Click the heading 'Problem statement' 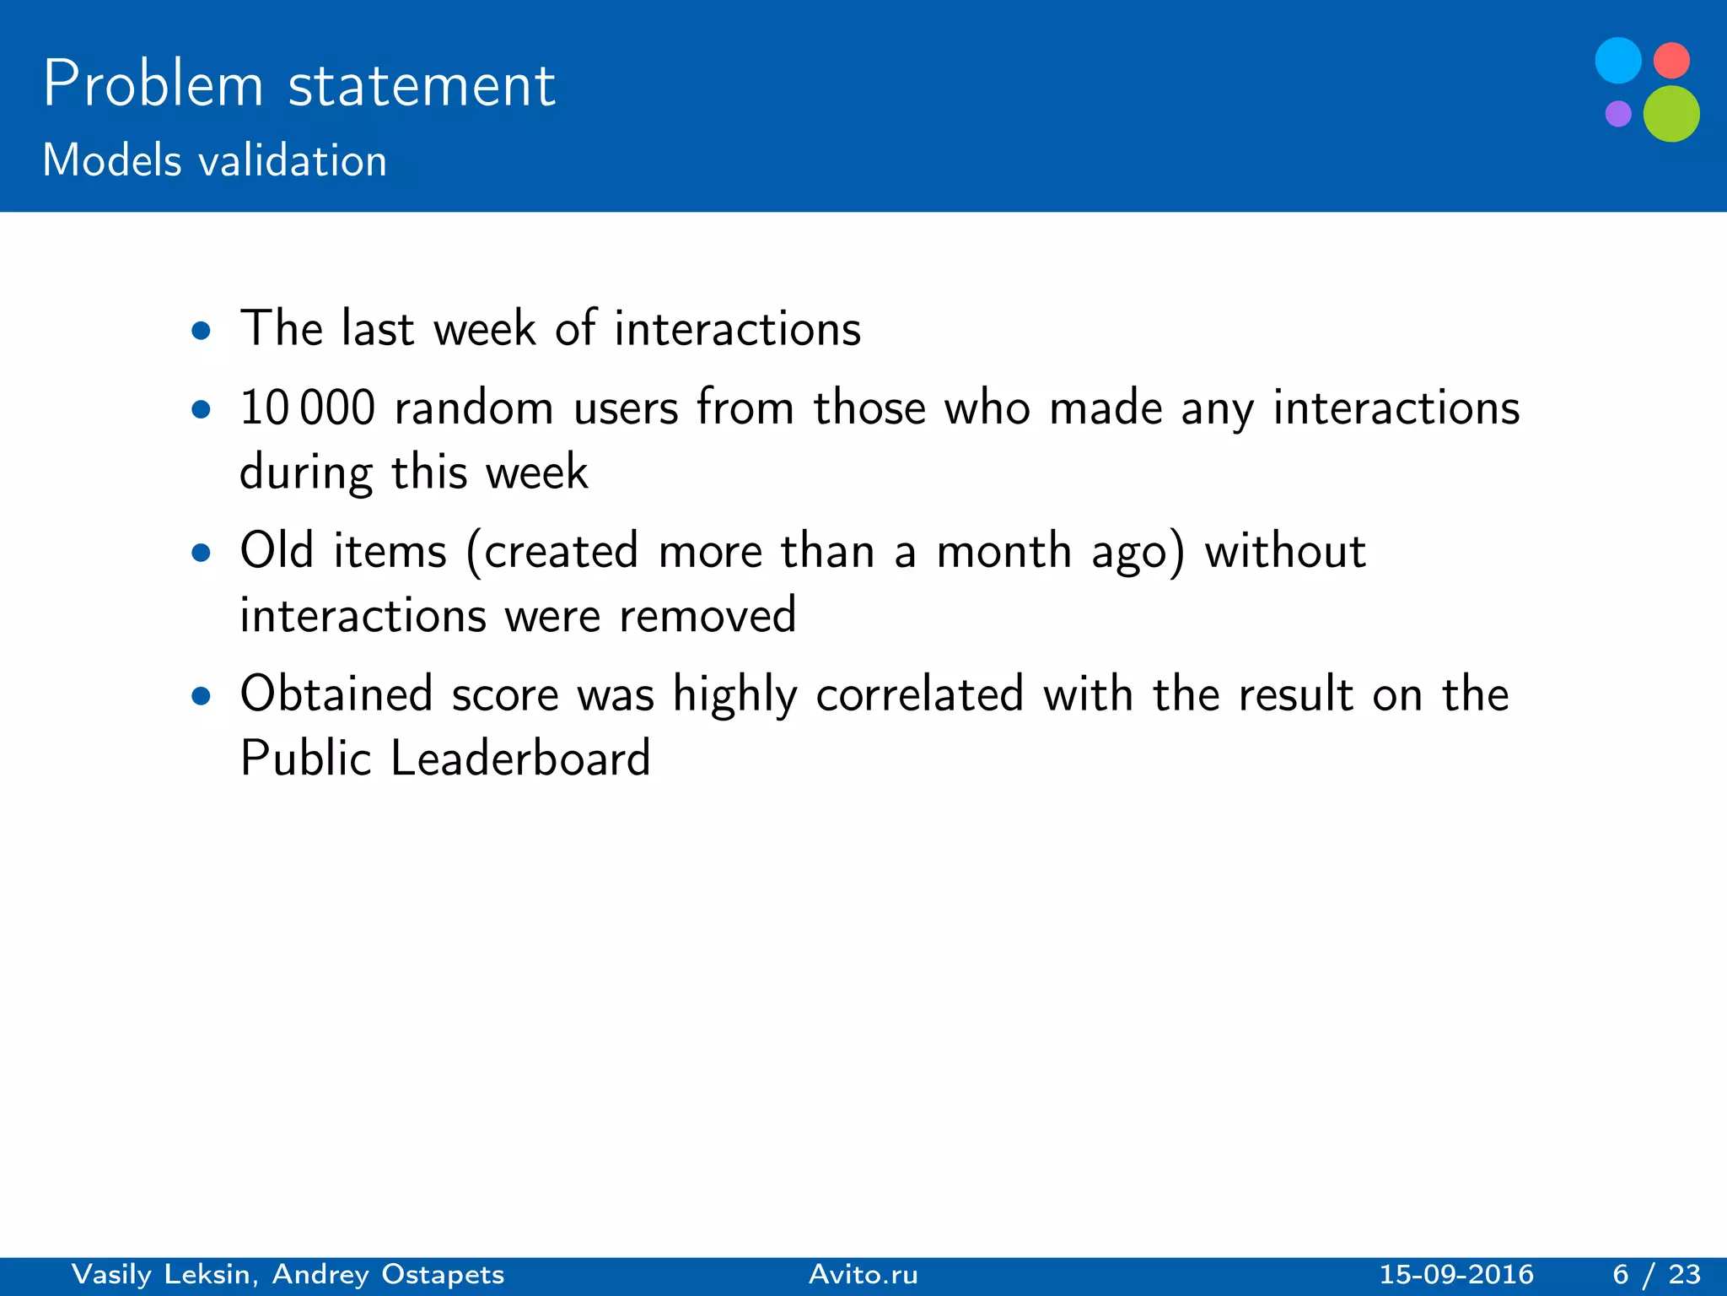coord(299,84)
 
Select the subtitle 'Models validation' coord(214,160)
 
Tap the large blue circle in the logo coord(1617,61)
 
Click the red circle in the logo coord(1671,61)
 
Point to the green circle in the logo coord(1671,114)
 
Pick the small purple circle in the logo coord(1617,113)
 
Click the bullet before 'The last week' coord(201,331)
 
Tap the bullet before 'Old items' coord(201,553)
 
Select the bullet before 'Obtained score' coord(201,697)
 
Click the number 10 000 coord(307,408)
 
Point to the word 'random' coord(474,408)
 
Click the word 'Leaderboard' coord(520,758)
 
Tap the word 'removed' coord(707,615)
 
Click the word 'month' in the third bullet coord(1003,552)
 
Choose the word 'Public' coord(305,758)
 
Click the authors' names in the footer coord(288,1274)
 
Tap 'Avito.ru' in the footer coord(863,1274)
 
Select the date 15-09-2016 coord(1456,1274)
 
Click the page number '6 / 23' coord(1656,1274)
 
